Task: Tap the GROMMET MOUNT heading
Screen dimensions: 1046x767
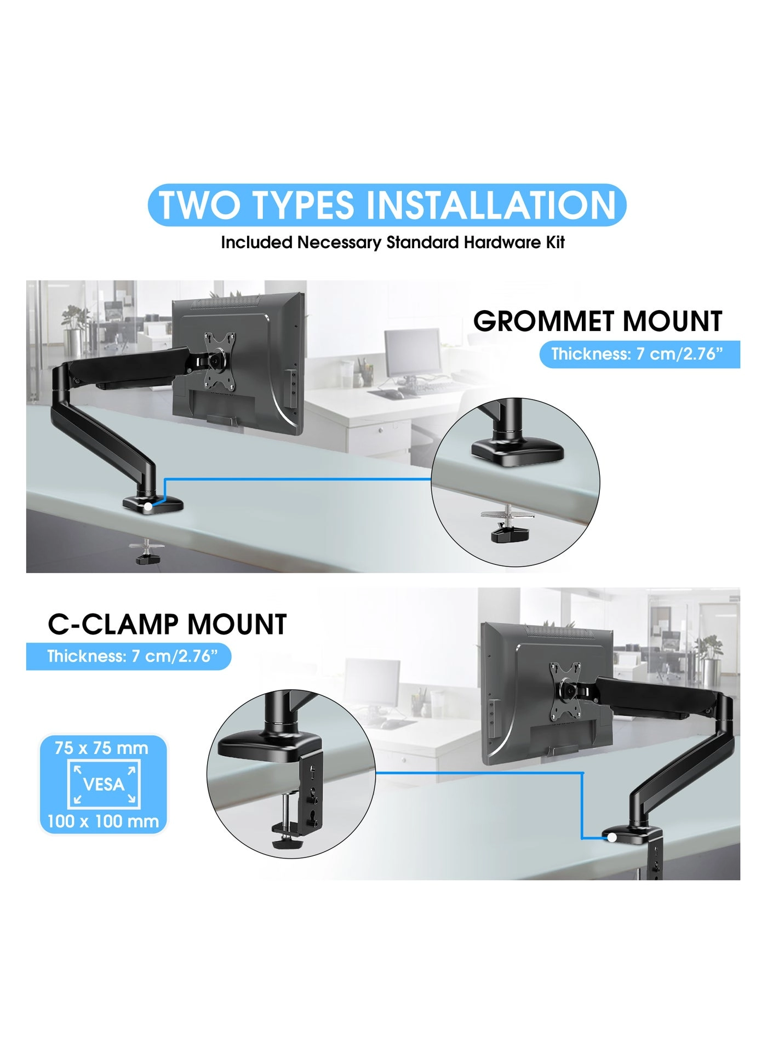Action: point(597,321)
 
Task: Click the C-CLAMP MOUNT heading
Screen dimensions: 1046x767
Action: point(167,624)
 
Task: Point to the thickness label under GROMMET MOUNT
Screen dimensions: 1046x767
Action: point(639,354)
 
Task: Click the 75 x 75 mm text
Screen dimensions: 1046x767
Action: point(101,748)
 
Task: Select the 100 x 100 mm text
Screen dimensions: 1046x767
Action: point(103,821)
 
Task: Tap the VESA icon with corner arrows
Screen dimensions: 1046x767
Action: point(104,784)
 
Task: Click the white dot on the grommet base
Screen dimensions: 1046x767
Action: point(148,507)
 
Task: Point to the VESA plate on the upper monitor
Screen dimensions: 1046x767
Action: point(220,362)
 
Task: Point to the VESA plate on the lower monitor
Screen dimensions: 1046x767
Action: point(566,691)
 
